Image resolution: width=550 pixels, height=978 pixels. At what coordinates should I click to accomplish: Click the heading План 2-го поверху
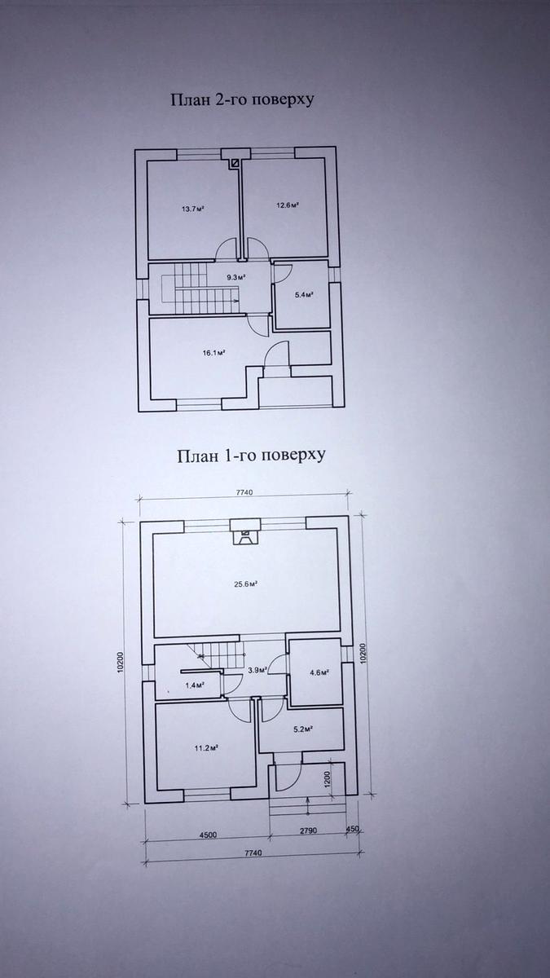(242, 99)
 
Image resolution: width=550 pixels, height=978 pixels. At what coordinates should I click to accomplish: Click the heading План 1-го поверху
(251, 456)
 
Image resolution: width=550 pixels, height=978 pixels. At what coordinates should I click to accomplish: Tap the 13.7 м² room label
(193, 209)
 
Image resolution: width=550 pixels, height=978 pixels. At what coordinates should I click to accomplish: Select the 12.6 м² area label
(287, 205)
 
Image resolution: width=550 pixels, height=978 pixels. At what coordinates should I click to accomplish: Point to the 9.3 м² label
(235, 277)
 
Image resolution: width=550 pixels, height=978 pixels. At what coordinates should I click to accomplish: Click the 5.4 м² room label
(304, 295)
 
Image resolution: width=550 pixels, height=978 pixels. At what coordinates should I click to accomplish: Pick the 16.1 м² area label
(213, 353)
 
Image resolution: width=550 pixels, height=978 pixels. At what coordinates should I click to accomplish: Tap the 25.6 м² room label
(246, 584)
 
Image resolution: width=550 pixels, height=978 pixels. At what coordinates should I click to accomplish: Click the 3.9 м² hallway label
(257, 670)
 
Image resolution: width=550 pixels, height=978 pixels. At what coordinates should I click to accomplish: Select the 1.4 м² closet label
(195, 685)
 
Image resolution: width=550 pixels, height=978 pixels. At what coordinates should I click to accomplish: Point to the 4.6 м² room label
(319, 673)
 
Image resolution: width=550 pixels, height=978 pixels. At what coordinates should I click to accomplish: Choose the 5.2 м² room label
(304, 729)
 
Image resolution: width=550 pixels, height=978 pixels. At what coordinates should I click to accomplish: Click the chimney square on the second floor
(235, 163)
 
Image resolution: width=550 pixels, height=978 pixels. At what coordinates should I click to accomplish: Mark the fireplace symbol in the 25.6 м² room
(245, 536)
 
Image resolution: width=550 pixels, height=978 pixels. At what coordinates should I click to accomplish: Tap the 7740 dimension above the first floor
(244, 492)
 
